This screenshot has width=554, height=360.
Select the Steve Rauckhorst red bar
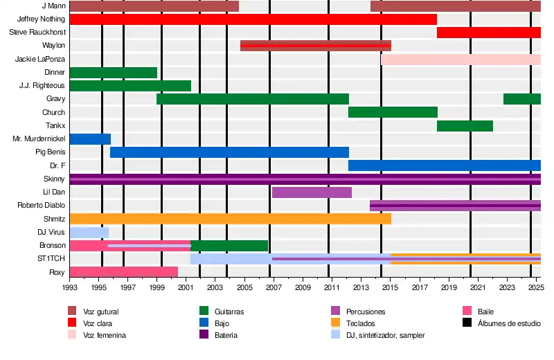tap(488, 33)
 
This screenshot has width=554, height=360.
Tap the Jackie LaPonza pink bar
tap(461, 60)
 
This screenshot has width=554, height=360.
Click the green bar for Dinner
tap(113, 73)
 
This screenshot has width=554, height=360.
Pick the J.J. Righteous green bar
tap(130, 86)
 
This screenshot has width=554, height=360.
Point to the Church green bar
tap(393, 112)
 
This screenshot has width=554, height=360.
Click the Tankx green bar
tap(465, 126)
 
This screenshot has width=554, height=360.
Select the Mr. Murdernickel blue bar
tap(90, 139)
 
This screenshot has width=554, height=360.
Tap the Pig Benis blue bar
tap(229, 152)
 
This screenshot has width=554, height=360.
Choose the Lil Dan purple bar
tap(312, 192)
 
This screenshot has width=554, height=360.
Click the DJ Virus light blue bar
tap(89, 232)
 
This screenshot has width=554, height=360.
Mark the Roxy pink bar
tap(123, 272)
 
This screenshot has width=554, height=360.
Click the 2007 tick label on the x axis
tap(274, 287)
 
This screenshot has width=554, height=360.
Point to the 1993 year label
tap(70, 287)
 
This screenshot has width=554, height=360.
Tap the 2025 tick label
tap(535, 287)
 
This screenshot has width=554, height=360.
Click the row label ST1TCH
tap(51, 259)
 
